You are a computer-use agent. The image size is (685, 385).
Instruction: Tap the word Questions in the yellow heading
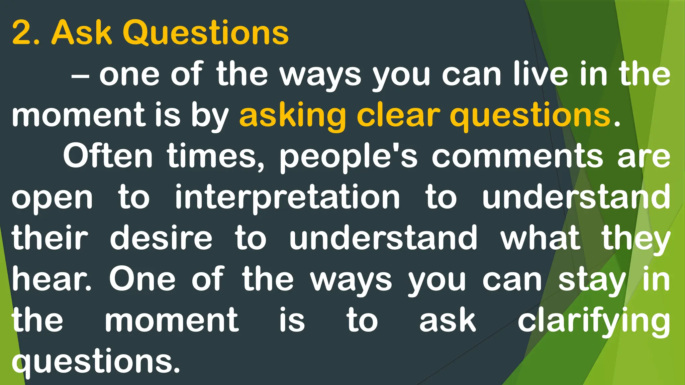[x=205, y=33]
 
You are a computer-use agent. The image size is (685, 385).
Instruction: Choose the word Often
[x=108, y=156]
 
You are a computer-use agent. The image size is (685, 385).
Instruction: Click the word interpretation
[x=287, y=198]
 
